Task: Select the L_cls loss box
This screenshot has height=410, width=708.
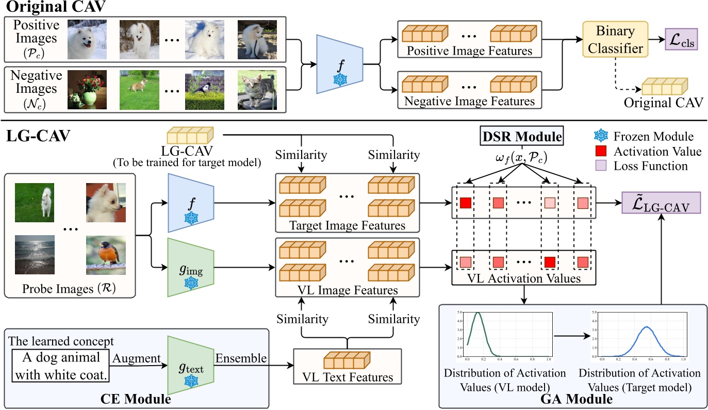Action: click(x=681, y=40)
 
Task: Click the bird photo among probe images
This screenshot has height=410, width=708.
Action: click(x=106, y=253)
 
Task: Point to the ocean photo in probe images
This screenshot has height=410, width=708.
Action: click(x=35, y=253)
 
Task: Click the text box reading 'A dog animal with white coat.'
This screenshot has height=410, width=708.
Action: click(x=61, y=367)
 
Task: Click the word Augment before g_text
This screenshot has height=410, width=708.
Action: click(x=137, y=357)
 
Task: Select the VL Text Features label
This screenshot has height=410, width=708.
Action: click(x=348, y=376)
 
